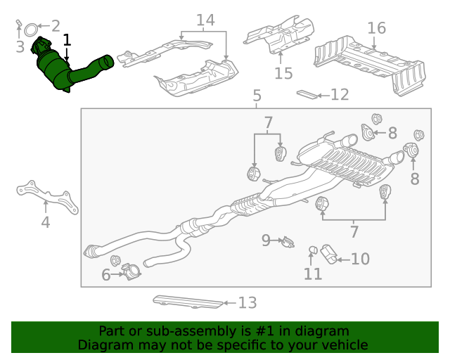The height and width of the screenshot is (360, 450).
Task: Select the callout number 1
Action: tap(67, 41)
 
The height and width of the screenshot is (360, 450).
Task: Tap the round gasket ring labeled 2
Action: tap(32, 30)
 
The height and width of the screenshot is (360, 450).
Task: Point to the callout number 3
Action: tap(20, 47)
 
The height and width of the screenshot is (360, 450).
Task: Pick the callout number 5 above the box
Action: tap(257, 96)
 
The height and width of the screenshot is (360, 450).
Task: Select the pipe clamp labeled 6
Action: tap(130, 270)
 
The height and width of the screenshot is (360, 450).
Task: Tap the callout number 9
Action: tap(266, 241)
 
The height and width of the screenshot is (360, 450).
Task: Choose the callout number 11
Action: tap(312, 274)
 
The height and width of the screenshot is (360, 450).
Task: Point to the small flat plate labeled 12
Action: tap(307, 93)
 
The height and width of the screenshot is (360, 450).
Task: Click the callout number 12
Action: tap(340, 94)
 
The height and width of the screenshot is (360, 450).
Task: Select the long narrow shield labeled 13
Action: tap(186, 302)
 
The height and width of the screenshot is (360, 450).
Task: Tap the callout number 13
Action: tap(247, 303)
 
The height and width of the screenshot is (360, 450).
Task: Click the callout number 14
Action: tap(205, 20)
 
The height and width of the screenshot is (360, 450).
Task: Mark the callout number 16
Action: tap(376, 28)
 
